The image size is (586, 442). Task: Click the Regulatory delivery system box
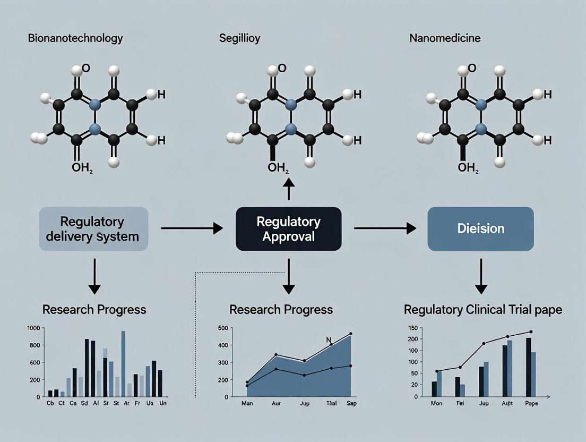93,228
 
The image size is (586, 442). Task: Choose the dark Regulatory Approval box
288,228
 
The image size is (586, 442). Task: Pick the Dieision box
480,228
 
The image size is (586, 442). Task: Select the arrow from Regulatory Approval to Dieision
385,228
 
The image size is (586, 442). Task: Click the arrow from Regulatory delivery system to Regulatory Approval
191,228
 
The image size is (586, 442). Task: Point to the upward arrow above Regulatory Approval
288,189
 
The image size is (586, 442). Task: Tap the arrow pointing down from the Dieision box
481,276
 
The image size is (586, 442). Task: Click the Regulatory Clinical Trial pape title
482,310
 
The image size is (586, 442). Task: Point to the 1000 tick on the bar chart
33,328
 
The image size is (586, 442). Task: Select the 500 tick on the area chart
223,328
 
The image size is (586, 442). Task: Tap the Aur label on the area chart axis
276,404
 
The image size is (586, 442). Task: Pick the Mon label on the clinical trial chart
436,404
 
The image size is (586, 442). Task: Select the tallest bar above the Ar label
123,364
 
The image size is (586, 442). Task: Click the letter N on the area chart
328,341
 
